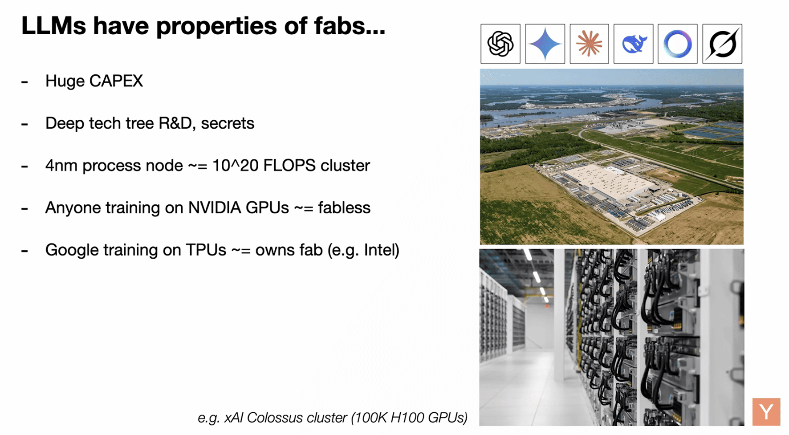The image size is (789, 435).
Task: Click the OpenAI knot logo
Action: click(500, 44)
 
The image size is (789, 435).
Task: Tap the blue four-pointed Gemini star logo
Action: click(545, 44)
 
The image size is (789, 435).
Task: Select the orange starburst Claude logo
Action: click(589, 44)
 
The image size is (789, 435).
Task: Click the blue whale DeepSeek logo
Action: click(634, 44)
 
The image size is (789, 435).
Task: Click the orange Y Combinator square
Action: click(766, 412)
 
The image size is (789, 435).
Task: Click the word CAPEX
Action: click(116, 81)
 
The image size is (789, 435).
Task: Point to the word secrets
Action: click(228, 123)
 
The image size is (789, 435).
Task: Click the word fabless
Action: click(344, 208)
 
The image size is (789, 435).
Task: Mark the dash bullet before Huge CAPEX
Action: click(25, 82)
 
